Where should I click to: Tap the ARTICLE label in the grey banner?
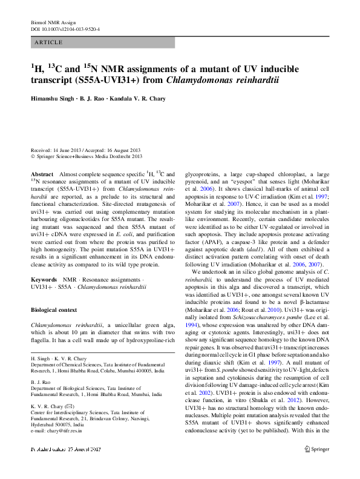[49, 42]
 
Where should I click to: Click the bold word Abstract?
[42, 174]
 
